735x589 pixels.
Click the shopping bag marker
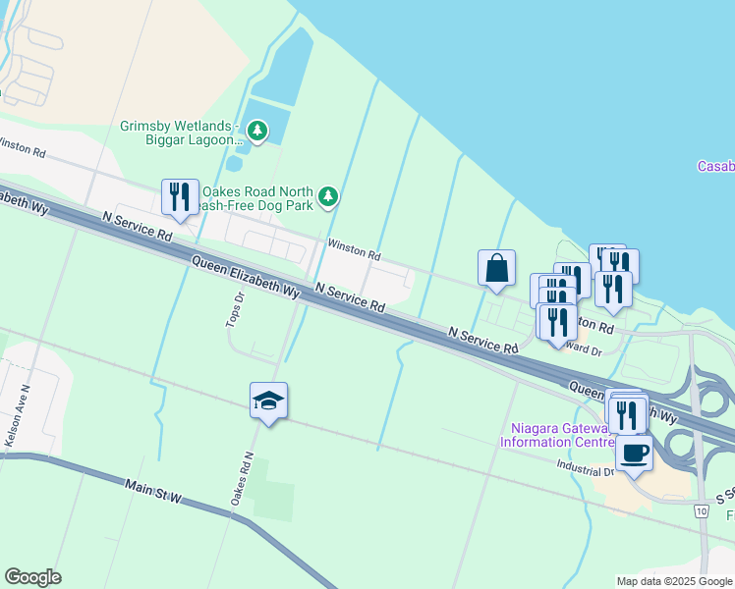click(x=497, y=268)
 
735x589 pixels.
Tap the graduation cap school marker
click(x=268, y=401)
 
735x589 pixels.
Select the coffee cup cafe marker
click(x=634, y=454)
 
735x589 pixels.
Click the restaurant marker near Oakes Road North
click(x=180, y=197)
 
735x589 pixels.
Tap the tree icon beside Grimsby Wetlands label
click(x=257, y=130)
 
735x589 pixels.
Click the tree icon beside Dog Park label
click(x=328, y=196)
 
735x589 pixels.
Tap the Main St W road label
click(x=154, y=486)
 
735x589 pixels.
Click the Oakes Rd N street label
click(x=242, y=479)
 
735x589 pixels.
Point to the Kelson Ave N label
click(x=17, y=423)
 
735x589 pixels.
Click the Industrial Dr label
click(x=585, y=469)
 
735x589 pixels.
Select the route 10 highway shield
click(x=700, y=511)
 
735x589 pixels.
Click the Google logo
click(x=32, y=577)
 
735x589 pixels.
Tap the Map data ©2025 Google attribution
click(x=673, y=581)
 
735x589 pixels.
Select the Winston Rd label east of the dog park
click(x=354, y=253)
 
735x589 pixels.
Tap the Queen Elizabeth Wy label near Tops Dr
click(x=246, y=277)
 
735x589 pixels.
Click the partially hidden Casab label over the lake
click(x=715, y=166)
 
